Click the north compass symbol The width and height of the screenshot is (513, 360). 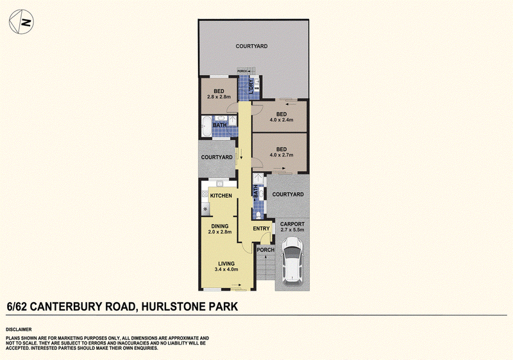click(x=21, y=22)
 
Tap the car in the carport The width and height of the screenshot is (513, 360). click(x=292, y=261)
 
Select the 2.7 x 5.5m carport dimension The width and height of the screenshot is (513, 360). click(x=292, y=230)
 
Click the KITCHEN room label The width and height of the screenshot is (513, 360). click(x=221, y=196)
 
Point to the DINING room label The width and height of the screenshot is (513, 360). click(x=220, y=226)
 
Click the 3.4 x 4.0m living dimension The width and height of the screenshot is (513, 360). click(x=226, y=270)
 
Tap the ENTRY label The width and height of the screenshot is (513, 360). click(x=262, y=228)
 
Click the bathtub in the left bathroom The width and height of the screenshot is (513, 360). click(x=206, y=126)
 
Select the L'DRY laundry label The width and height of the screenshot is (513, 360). click(x=251, y=87)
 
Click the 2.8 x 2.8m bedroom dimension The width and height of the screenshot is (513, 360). click(x=219, y=97)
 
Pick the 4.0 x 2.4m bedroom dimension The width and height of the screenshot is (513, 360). click(x=282, y=120)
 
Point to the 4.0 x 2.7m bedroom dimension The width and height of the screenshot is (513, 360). click(x=282, y=155)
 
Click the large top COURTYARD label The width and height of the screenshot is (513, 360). click(x=251, y=46)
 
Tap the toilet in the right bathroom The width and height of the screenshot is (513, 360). click(x=258, y=215)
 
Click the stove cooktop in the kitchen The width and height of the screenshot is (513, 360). click(x=205, y=209)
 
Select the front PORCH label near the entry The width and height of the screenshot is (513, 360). click(x=265, y=250)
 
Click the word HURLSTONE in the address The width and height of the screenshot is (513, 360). click(x=172, y=307)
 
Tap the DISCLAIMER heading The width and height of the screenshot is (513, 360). click(x=19, y=330)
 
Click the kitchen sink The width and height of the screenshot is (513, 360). click(x=220, y=184)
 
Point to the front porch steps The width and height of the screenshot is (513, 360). click(x=265, y=267)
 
